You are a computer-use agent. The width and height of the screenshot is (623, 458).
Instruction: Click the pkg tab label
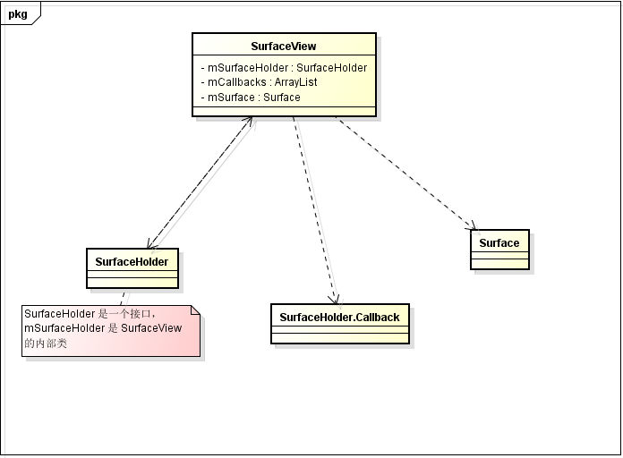[x=18, y=14]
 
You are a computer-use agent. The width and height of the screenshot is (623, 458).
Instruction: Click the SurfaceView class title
[x=284, y=47]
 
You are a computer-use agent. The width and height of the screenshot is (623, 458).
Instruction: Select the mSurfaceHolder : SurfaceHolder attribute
[x=284, y=67]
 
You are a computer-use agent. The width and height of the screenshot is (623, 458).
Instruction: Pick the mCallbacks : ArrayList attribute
[x=259, y=81]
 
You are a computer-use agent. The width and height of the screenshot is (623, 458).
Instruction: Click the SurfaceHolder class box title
[x=132, y=260]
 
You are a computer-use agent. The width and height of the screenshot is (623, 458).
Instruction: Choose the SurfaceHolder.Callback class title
[x=339, y=317]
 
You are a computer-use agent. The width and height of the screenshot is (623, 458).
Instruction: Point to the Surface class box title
[x=499, y=242]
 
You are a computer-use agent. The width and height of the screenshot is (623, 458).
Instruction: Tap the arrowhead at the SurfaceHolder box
[x=152, y=243]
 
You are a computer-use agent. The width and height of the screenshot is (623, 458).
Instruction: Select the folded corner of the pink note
[x=194, y=310]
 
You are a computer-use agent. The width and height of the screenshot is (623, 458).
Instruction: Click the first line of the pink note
[x=90, y=314]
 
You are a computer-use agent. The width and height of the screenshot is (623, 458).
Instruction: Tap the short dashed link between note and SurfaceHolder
[x=124, y=297]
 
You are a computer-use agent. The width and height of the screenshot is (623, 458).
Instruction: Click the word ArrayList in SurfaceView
[x=295, y=81]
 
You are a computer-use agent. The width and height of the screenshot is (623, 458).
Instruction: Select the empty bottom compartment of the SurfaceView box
[x=284, y=111]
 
